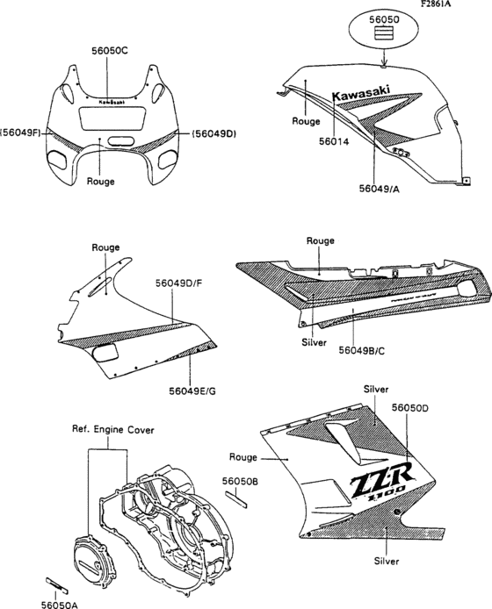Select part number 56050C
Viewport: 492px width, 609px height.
110,50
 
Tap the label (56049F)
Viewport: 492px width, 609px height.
21,133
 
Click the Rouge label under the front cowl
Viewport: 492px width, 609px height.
102,183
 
